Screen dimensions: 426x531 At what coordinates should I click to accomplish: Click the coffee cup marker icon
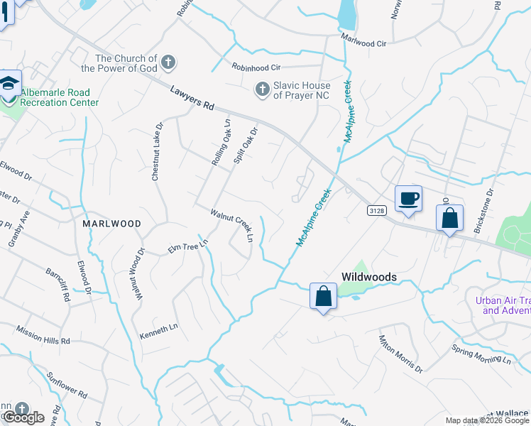click(x=408, y=199)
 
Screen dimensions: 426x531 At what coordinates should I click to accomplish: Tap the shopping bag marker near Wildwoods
click(x=323, y=296)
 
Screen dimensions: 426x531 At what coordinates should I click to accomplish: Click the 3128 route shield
click(x=377, y=211)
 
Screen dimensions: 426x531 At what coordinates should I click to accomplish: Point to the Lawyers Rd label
click(x=192, y=97)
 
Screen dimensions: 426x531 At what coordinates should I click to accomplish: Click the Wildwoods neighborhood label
click(x=368, y=276)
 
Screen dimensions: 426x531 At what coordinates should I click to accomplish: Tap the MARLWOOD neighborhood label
click(x=111, y=223)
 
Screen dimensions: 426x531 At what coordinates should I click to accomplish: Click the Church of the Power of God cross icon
click(x=168, y=62)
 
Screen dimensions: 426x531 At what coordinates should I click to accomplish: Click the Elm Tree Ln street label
click(x=187, y=246)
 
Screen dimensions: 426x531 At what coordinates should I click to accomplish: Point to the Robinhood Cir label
click(x=256, y=67)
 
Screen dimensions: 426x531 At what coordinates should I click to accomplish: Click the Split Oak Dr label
click(x=245, y=146)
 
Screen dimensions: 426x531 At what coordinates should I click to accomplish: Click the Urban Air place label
click(x=503, y=305)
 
